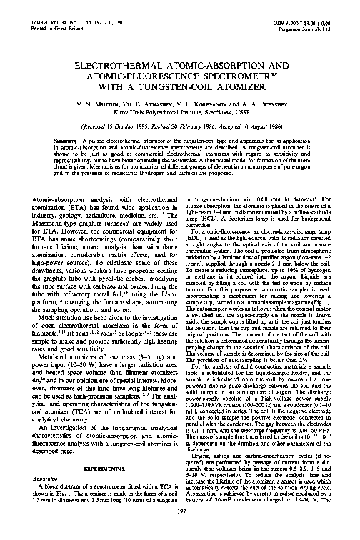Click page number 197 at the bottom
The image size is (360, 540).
click(180, 531)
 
